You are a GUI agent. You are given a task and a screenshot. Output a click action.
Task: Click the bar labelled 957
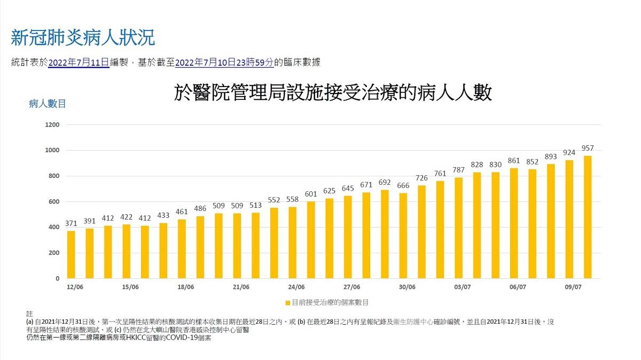pyautogui.click(x=588, y=217)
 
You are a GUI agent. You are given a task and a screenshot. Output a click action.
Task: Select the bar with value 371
pyautogui.click(x=71, y=254)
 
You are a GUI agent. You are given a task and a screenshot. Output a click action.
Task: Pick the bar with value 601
pyautogui.click(x=311, y=240)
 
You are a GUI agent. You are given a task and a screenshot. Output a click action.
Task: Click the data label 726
pyautogui.click(x=421, y=178)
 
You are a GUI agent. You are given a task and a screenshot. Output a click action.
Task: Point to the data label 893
pyautogui.click(x=551, y=156)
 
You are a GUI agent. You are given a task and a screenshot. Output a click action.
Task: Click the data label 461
pyautogui.click(x=182, y=212)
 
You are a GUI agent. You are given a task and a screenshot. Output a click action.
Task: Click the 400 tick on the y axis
pyautogui.click(x=53, y=228)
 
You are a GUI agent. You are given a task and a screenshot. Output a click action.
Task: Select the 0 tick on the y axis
pyautogui.click(x=57, y=279)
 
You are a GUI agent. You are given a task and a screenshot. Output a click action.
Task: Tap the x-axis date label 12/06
pyautogui.click(x=75, y=287)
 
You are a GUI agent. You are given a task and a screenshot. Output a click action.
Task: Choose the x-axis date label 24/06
pyautogui.click(x=296, y=287)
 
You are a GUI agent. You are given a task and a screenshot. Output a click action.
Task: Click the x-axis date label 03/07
pyautogui.click(x=462, y=287)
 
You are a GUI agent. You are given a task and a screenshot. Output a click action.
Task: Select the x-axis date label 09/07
pyautogui.click(x=573, y=287)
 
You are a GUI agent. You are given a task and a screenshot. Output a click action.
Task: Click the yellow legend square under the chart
pyautogui.click(x=287, y=303)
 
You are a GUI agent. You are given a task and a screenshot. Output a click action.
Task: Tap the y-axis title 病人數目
pyautogui.click(x=47, y=104)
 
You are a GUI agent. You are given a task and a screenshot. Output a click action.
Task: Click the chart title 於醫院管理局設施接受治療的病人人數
pyautogui.click(x=333, y=93)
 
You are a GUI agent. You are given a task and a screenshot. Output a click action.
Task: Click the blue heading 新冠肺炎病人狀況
pyautogui.click(x=83, y=37)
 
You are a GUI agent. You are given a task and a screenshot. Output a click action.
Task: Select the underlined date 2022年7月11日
pyautogui.click(x=79, y=62)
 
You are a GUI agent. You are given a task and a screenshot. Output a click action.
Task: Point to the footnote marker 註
pyautogui.click(x=29, y=314)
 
